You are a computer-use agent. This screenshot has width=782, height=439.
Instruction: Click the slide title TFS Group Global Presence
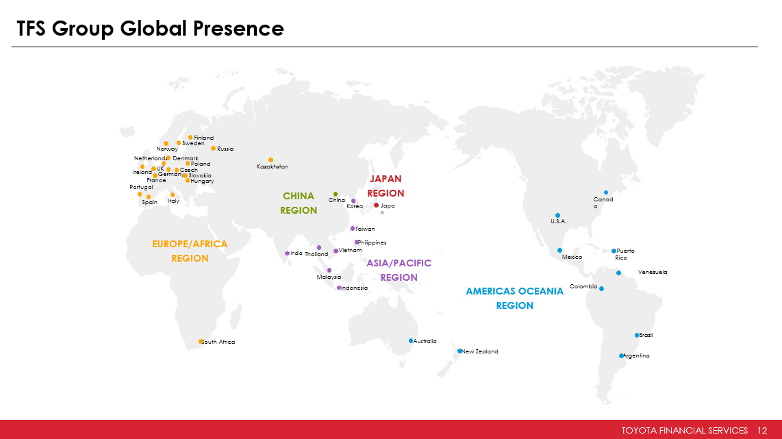pyautogui.click(x=150, y=29)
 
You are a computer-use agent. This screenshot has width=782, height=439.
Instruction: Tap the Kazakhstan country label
pyautogui.click(x=273, y=166)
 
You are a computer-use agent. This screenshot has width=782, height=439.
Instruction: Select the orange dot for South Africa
pyautogui.click(x=201, y=342)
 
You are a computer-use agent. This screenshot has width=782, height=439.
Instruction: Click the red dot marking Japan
pyautogui.click(x=376, y=205)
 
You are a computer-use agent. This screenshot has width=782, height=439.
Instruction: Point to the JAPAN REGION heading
pyautogui.click(x=386, y=186)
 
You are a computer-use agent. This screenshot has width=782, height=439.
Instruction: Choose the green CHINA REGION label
pyautogui.click(x=299, y=203)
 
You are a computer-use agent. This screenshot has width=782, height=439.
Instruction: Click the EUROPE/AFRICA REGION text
pyautogui.click(x=190, y=251)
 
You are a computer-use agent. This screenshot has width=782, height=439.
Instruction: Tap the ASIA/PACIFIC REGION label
pyautogui.click(x=399, y=270)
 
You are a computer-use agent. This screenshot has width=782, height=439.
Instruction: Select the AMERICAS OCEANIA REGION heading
pyautogui.click(x=515, y=299)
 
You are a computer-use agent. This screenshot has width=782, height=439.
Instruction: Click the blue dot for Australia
pyautogui.click(x=411, y=341)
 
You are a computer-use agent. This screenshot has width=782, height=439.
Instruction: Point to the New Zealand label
pyautogui.click(x=480, y=352)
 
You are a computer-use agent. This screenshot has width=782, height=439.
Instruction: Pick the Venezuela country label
pyautogui.click(x=653, y=273)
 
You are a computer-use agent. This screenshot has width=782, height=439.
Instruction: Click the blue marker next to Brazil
pyautogui.click(x=636, y=335)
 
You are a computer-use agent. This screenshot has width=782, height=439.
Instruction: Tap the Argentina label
pyautogui.click(x=636, y=355)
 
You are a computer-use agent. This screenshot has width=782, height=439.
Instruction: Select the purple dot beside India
pyautogui.click(x=288, y=253)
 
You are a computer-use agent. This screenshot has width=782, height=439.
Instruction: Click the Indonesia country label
pyautogui.click(x=354, y=288)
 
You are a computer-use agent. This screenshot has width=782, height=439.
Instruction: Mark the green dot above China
pyautogui.click(x=336, y=194)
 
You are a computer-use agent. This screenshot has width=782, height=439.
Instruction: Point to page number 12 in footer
pyautogui.click(x=762, y=431)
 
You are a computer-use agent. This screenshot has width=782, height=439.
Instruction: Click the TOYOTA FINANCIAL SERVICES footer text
pyautogui.click(x=684, y=431)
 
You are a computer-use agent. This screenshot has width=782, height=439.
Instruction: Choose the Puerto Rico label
pyautogui.click(x=625, y=254)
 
